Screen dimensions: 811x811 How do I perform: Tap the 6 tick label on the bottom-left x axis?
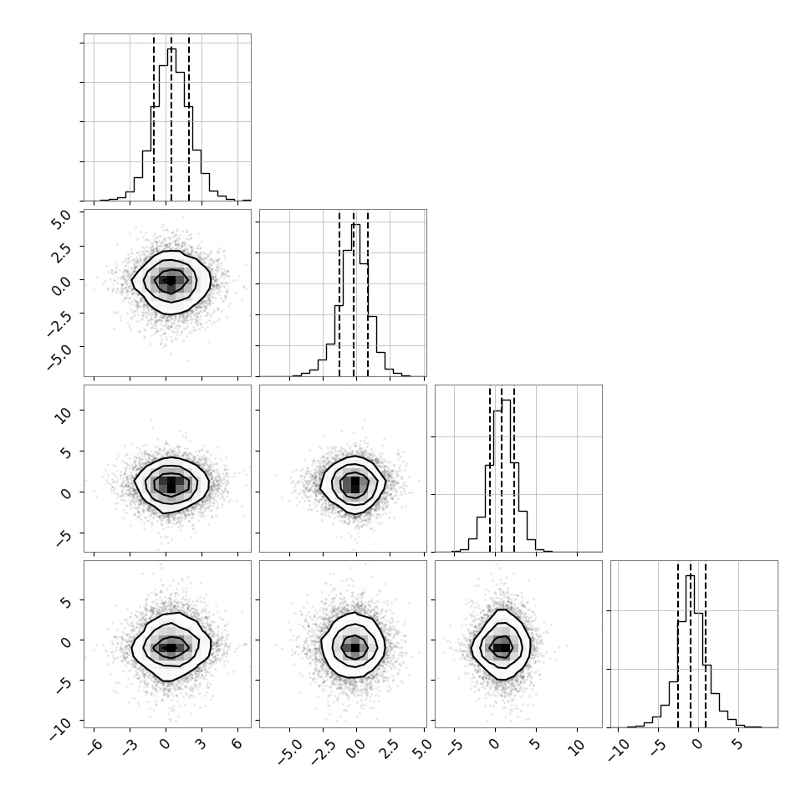237,743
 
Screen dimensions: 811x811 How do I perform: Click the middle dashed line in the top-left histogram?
171,118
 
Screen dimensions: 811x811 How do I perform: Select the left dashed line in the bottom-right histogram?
678,645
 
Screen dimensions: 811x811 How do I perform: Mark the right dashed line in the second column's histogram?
368,293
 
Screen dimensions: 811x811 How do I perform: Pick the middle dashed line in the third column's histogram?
502,469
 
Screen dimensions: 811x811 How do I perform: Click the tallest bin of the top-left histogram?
171,125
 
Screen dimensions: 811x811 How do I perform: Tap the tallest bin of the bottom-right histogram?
690,651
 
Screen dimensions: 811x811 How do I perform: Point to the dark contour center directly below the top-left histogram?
171,281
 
